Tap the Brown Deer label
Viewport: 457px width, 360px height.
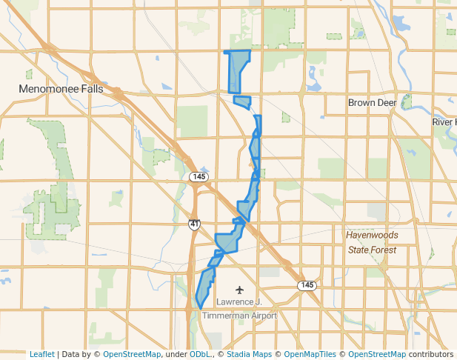click(373, 102)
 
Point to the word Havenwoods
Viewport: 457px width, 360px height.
click(373, 235)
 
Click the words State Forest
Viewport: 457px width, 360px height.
click(373, 250)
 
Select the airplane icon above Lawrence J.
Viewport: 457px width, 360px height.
click(239, 289)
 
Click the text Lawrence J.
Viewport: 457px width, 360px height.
click(239, 302)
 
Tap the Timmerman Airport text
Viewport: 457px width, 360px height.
click(239, 316)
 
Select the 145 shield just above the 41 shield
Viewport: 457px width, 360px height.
click(198, 176)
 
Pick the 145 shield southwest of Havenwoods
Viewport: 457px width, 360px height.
click(307, 285)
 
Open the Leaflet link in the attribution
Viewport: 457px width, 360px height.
click(42, 354)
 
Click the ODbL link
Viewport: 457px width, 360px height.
click(200, 354)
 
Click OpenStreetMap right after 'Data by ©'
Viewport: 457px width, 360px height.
click(132, 354)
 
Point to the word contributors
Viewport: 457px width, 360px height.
click(430, 354)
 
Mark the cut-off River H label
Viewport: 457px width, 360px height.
click(444, 121)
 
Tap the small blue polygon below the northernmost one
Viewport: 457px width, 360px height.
click(242, 101)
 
